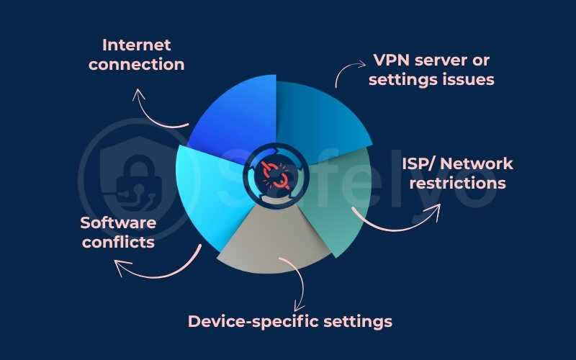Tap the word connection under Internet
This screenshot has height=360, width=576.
click(143, 64)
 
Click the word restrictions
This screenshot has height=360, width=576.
click(454, 183)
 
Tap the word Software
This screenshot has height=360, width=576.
click(117, 222)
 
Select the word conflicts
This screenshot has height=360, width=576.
click(117, 242)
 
